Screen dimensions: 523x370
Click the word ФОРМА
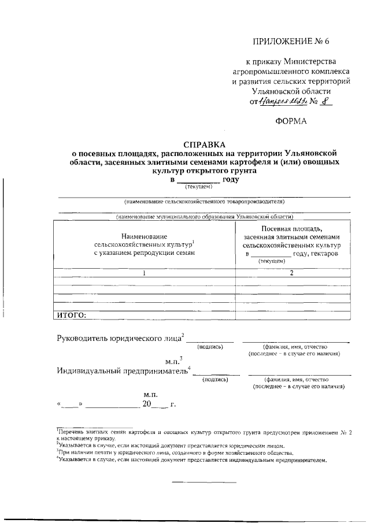pos(291,121)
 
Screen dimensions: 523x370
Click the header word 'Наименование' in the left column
pos(145,236)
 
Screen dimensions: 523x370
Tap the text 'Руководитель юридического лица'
pos(119,338)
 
